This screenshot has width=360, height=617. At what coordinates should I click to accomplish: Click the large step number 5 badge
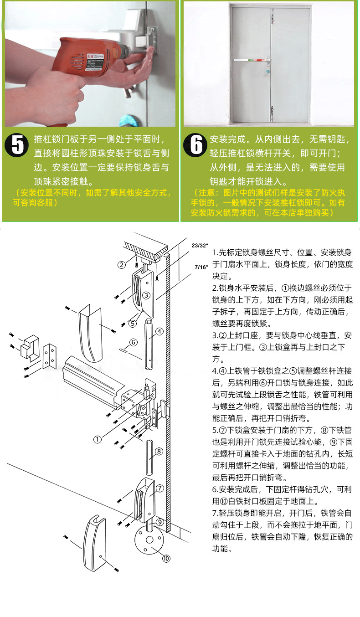pos(17,145)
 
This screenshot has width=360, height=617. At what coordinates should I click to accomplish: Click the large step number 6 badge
pos(195,145)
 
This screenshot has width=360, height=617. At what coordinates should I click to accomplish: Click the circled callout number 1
pos(97,439)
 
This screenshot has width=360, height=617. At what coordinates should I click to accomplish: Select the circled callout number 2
pos(122,265)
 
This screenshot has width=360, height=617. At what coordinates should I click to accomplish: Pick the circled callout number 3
pos(146,295)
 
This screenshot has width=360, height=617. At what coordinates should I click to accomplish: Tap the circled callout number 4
pos(159,331)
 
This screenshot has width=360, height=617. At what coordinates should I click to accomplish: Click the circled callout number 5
pos(132,324)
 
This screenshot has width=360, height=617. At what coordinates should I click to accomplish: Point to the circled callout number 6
pos(134,342)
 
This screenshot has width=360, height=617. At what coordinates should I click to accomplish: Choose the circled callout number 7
pos(159,488)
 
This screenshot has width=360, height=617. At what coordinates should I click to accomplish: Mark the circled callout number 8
pos(159,452)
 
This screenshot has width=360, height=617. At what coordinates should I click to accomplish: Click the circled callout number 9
pos(159,522)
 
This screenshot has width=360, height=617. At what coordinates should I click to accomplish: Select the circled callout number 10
pos(166,558)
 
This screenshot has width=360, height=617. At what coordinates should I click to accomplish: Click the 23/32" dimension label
pos(199,246)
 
